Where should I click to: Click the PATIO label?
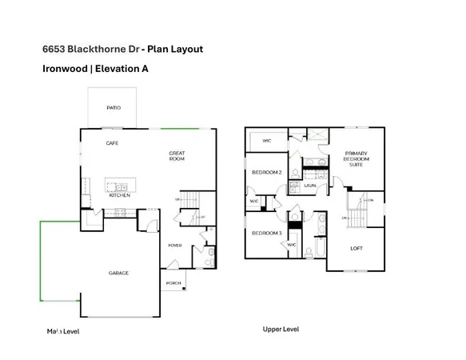pos(114,107)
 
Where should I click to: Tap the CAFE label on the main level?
pos(114,143)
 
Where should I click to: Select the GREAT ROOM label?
pos(177,155)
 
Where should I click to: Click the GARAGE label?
pos(118,273)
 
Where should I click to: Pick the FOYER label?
pos(176,245)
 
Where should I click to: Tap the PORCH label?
pos(173,283)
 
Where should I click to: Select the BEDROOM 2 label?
pos(265,173)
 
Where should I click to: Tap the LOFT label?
pos(356,248)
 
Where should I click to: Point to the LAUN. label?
pos(310,184)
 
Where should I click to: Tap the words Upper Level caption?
pos(281,329)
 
